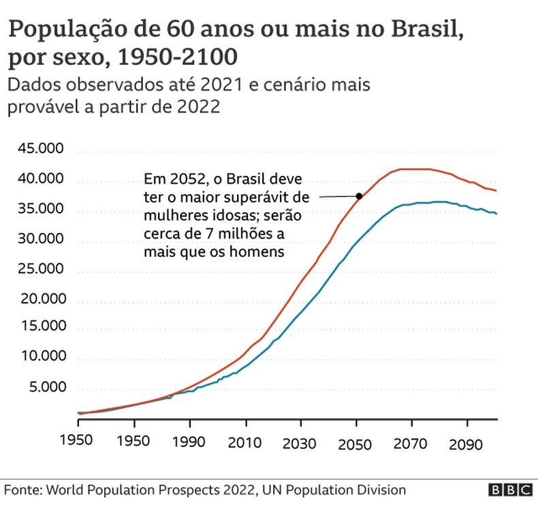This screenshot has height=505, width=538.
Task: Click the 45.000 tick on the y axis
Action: point(42,150)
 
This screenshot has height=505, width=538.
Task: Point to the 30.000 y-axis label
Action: point(42,240)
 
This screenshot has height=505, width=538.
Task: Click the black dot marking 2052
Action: point(359,196)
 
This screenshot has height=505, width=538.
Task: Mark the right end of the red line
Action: point(496,190)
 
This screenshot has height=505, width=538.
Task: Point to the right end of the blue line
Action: point(496,214)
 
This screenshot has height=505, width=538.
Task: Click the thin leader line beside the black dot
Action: point(337,197)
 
